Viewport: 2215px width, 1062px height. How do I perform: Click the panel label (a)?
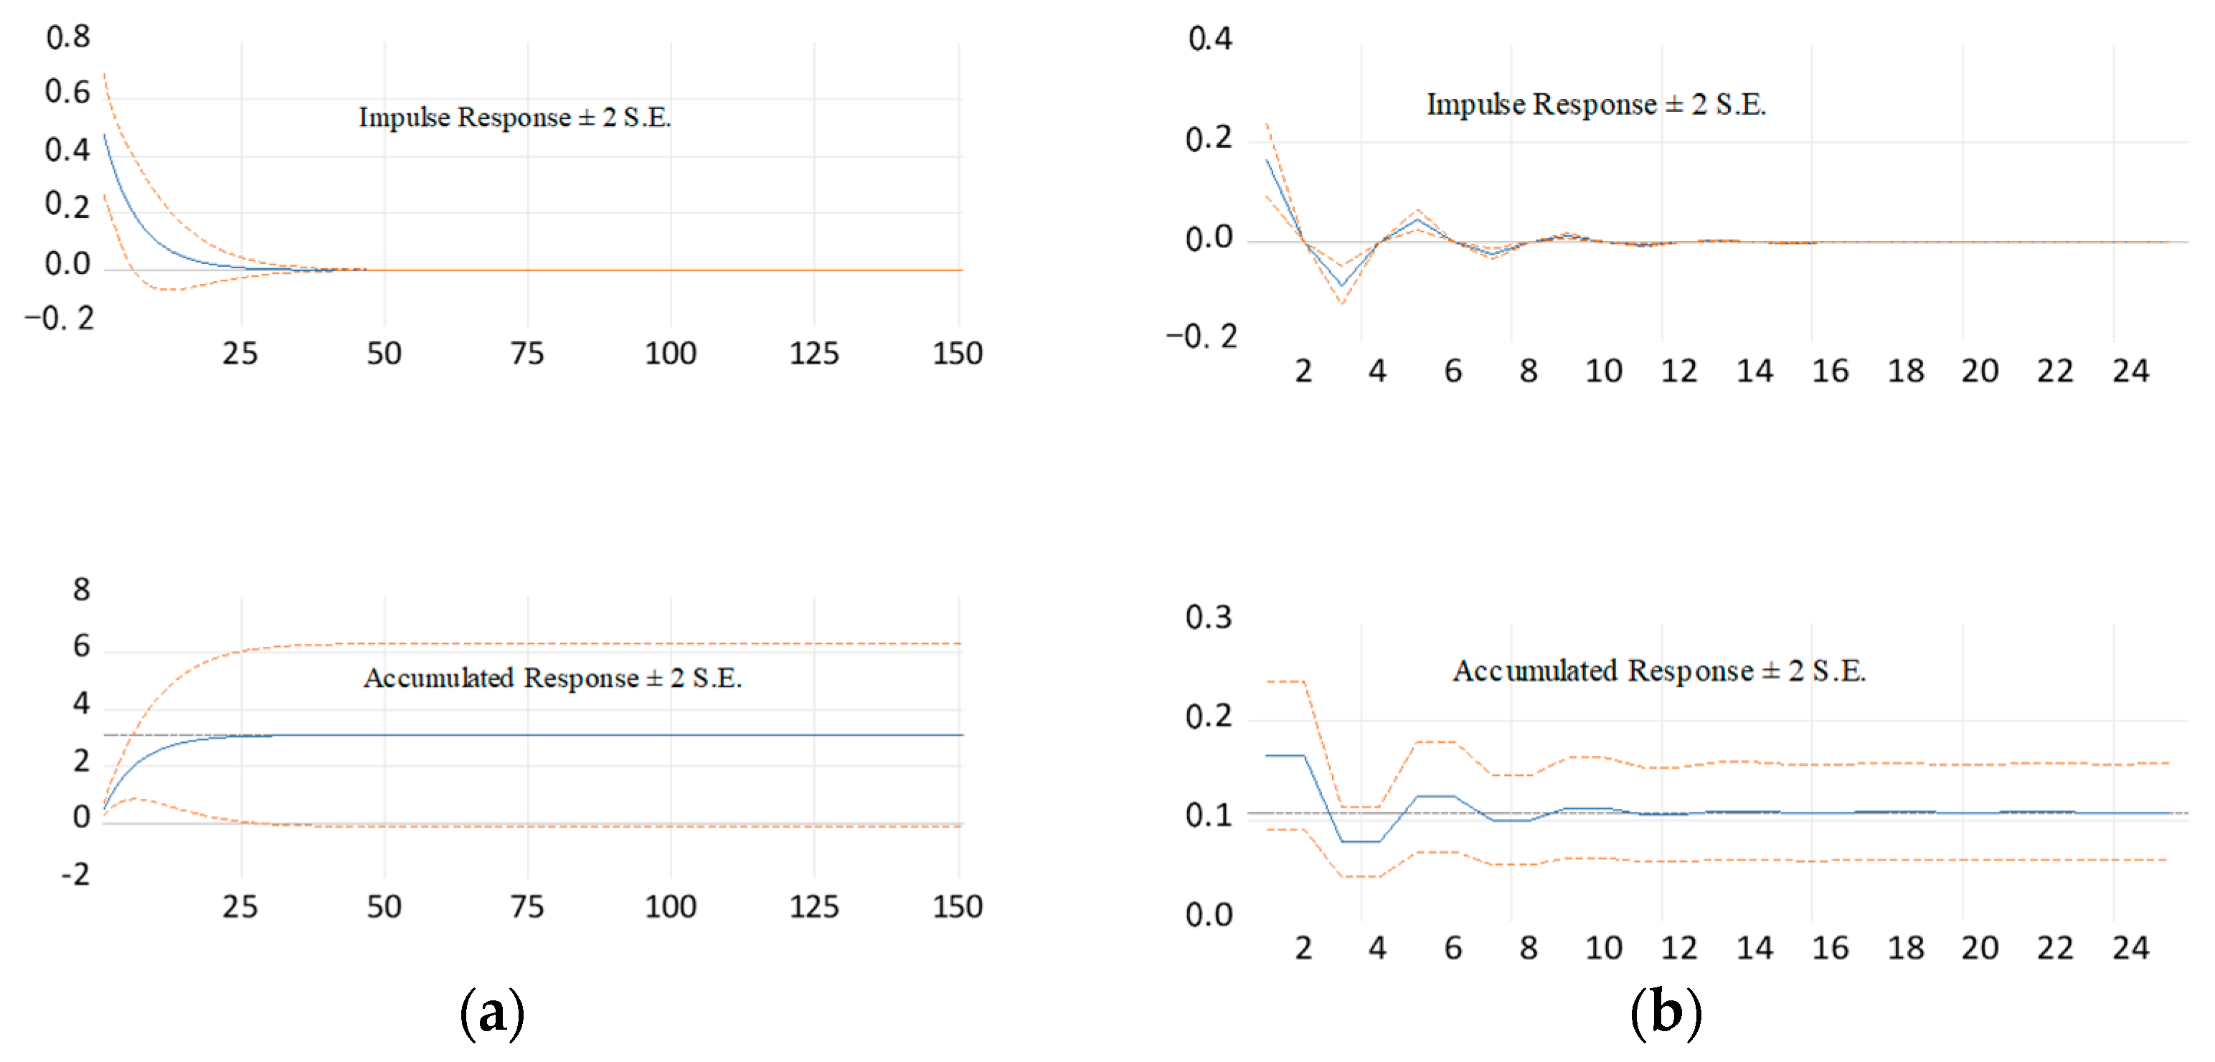click(492, 1013)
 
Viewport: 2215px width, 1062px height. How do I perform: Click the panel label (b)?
click(1666, 1013)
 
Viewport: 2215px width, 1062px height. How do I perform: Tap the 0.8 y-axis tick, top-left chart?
click(68, 37)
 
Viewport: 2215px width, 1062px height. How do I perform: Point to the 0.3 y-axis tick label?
click(1208, 617)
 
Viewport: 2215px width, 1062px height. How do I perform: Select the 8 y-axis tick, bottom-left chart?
click(81, 590)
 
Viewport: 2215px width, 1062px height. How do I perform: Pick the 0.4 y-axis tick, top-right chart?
click(1210, 39)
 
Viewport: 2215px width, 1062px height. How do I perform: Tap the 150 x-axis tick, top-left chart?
click(957, 354)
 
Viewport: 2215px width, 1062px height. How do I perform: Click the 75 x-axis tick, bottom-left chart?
click(527, 906)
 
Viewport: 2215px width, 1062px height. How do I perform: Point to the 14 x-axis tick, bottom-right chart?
click(1754, 948)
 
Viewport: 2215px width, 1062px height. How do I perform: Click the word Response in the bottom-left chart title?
click(581, 678)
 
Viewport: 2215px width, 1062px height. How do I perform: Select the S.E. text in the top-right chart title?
click(1740, 104)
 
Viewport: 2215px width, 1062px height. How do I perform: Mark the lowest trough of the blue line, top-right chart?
click(1341, 285)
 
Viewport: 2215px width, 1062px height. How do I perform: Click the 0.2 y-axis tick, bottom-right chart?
click(1208, 716)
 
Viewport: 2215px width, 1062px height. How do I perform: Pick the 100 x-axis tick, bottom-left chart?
click(671, 906)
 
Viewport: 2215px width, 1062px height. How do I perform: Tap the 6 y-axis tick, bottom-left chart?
click(81, 646)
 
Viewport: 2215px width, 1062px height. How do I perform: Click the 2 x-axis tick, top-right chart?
click(1303, 371)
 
